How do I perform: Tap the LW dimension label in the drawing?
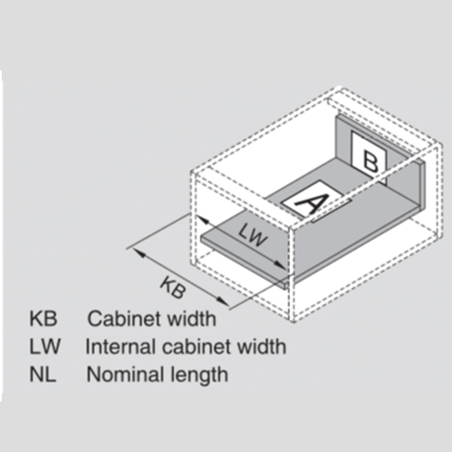[254, 235]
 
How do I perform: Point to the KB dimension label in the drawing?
[173, 287]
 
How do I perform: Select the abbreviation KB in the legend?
[43, 319]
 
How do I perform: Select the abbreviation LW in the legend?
[44, 347]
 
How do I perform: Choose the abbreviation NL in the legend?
[43, 375]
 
